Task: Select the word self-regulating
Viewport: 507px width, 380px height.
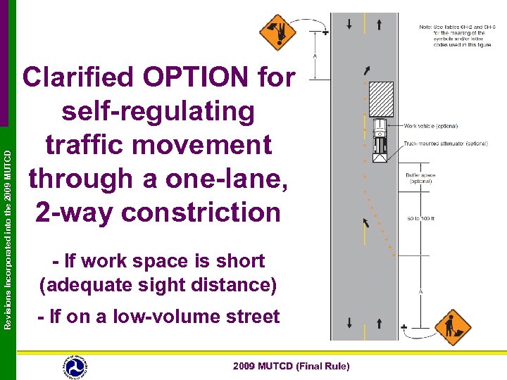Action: (158, 112)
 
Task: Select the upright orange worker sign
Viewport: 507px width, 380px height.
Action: (452, 327)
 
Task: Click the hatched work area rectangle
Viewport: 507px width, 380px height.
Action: (381, 100)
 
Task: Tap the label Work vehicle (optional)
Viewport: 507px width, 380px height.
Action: (431, 126)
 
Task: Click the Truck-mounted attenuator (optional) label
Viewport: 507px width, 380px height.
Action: (446, 144)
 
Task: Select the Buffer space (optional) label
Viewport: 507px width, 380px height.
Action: (420, 177)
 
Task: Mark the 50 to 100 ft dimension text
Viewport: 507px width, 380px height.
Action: (421, 219)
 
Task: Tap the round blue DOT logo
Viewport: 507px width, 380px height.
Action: (74, 367)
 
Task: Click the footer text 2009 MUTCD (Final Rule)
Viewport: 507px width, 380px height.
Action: (291, 367)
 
